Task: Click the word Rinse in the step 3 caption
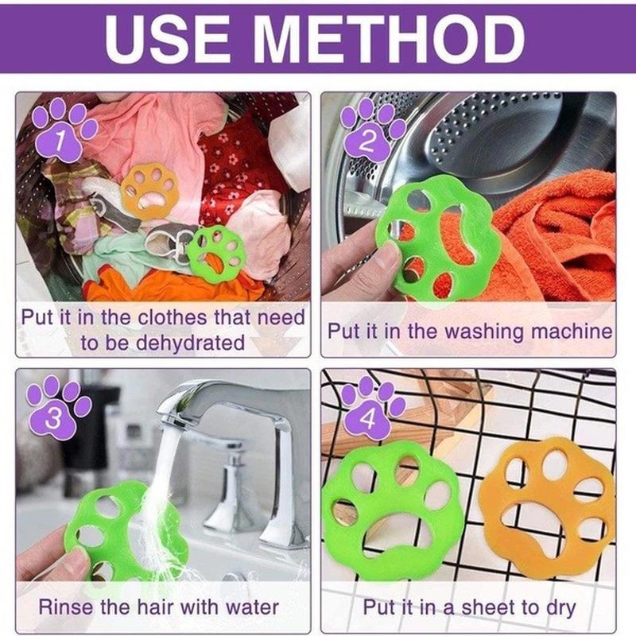(x=64, y=607)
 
